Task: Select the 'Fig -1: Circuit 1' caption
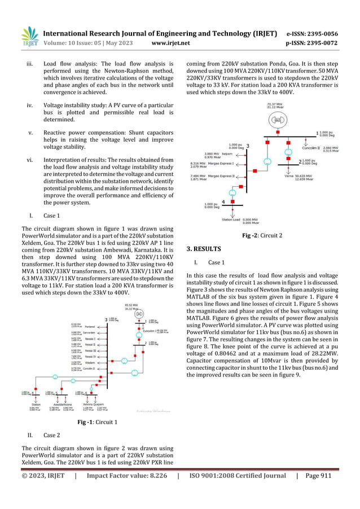coord(97,422)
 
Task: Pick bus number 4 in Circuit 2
coord(224,201)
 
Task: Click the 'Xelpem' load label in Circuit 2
coord(227,153)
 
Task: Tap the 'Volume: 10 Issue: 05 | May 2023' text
coord(85,42)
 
